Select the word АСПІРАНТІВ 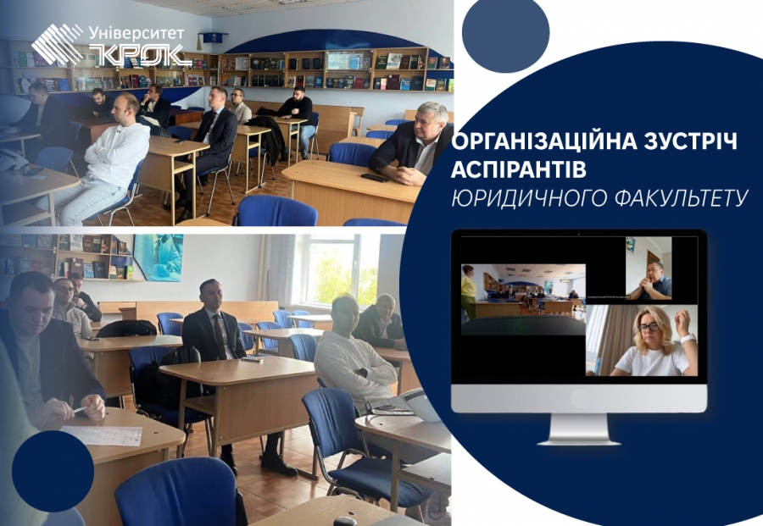click(519, 169)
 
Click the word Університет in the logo click(136, 34)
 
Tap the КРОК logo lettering click(140, 55)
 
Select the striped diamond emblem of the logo click(58, 44)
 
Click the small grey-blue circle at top click(505, 33)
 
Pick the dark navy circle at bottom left click(53, 471)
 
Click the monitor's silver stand click(578, 429)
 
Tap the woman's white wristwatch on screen click(688, 338)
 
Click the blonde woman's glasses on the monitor click(649, 327)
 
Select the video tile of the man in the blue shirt click(649, 269)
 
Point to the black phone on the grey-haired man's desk click(375, 177)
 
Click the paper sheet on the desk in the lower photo click(102, 435)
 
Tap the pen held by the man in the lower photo click(80, 410)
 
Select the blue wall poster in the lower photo click(159, 257)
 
